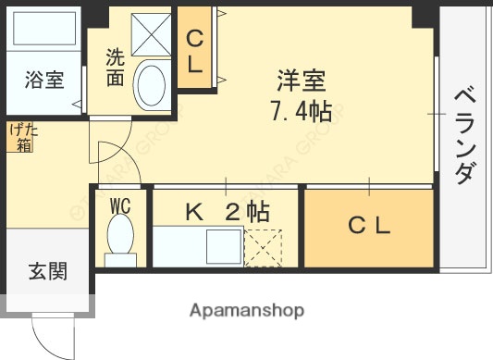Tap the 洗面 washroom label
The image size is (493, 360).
tap(115, 68)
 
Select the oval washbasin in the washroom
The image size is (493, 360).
tap(150, 85)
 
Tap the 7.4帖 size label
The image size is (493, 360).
tap(301, 113)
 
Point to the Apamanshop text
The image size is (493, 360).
tap(247, 309)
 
